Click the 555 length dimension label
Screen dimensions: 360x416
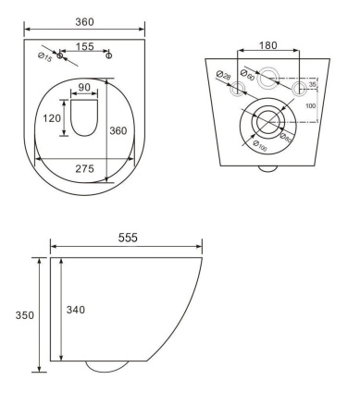tap(128, 238)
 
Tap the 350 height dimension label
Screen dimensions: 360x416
tap(25, 315)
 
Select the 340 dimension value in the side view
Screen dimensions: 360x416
tap(76, 310)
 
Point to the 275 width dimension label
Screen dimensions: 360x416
tap(84, 168)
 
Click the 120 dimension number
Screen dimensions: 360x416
tap(52, 118)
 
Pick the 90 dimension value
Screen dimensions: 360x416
tap(84, 87)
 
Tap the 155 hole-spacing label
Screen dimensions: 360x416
tap(84, 46)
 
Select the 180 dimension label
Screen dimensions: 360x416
tap(267, 45)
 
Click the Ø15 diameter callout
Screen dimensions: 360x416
tap(45, 57)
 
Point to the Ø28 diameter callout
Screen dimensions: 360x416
tap(223, 75)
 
